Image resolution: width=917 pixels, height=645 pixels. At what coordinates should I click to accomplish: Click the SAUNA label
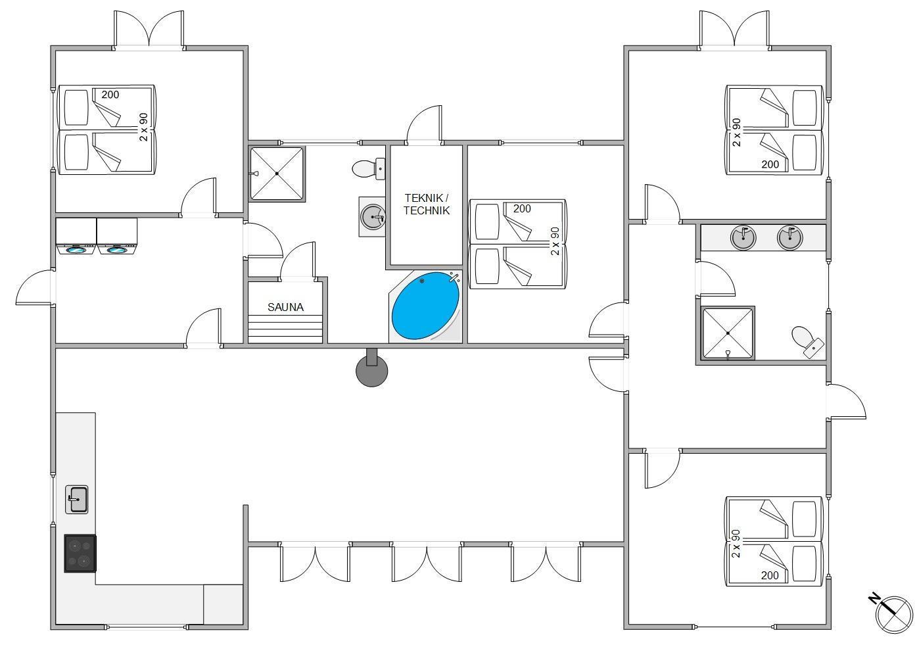click(x=285, y=307)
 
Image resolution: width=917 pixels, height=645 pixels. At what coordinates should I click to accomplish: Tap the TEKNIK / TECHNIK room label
click(x=427, y=204)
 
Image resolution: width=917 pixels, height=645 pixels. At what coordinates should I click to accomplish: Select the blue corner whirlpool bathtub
click(x=425, y=306)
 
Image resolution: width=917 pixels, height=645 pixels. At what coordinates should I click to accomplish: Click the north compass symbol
click(x=893, y=613)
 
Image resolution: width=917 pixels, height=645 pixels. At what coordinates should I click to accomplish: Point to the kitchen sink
click(x=77, y=499)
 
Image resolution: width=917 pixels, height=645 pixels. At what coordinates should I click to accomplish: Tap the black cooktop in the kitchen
click(x=80, y=553)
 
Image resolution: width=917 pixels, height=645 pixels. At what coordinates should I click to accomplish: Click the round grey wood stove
click(x=371, y=370)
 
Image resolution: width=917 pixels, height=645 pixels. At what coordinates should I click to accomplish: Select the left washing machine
click(x=76, y=237)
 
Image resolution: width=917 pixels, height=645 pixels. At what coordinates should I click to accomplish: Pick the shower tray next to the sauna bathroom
click(x=277, y=174)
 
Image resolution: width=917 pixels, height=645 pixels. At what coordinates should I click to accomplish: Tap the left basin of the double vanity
click(x=743, y=237)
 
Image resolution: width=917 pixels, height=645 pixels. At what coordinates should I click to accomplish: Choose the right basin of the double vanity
click(x=790, y=237)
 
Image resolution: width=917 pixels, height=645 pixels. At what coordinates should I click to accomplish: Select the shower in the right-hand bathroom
click(x=728, y=333)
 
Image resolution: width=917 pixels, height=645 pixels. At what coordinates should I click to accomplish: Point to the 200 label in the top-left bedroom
click(x=110, y=95)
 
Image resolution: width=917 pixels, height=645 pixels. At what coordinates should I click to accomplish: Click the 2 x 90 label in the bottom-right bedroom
click(x=736, y=543)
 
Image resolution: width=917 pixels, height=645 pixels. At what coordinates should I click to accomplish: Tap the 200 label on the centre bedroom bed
click(x=522, y=209)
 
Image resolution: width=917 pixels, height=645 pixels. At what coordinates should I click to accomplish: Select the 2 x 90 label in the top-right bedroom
click(x=736, y=132)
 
